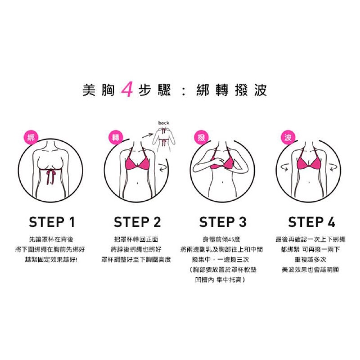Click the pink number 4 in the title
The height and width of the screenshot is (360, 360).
tap(127, 89)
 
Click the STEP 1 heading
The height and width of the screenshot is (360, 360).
tap(52, 222)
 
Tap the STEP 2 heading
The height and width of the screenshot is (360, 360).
tap(137, 222)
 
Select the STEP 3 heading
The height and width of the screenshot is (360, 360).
tap(223, 222)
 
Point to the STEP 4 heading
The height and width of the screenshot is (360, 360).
tap(311, 222)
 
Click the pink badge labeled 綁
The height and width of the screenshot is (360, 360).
tap(31, 138)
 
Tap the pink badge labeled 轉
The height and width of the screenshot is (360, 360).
tap(116, 138)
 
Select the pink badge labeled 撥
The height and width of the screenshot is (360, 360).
tap(201, 138)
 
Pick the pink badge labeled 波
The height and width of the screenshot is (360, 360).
tap(288, 138)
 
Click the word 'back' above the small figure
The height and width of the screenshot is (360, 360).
tap(164, 123)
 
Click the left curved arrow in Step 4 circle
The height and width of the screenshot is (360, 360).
tap(284, 167)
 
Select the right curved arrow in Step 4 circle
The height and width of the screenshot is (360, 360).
tap(333, 167)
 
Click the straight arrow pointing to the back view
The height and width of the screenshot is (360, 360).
tap(148, 135)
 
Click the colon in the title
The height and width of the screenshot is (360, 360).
tap(184, 90)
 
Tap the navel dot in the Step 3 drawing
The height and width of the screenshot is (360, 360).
tap(222, 183)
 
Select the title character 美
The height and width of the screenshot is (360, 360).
tap(89, 90)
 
